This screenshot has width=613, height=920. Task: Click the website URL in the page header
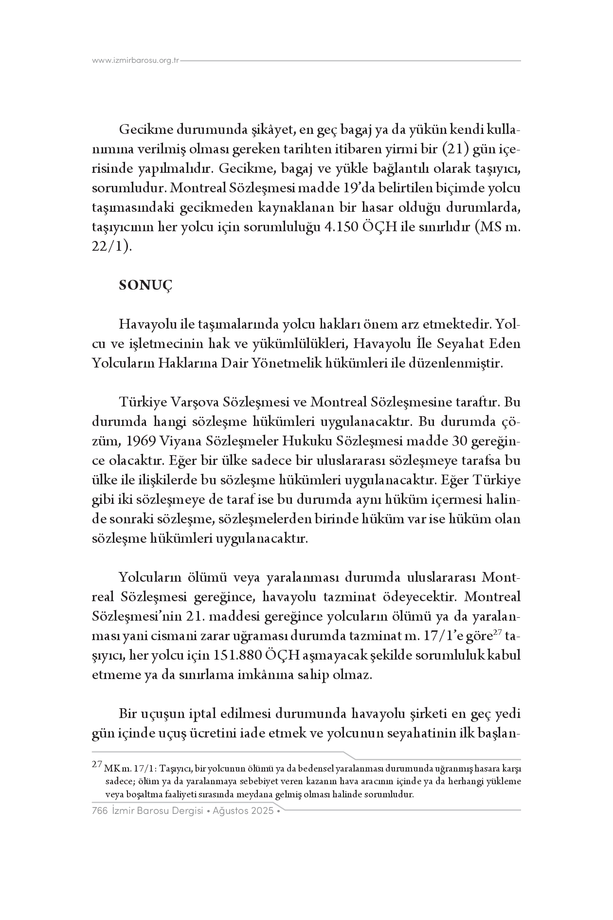click(x=136, y=61)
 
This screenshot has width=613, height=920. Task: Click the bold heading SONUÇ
click(x=146, y=286)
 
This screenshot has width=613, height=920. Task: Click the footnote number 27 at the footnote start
click(x=96, y=764)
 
